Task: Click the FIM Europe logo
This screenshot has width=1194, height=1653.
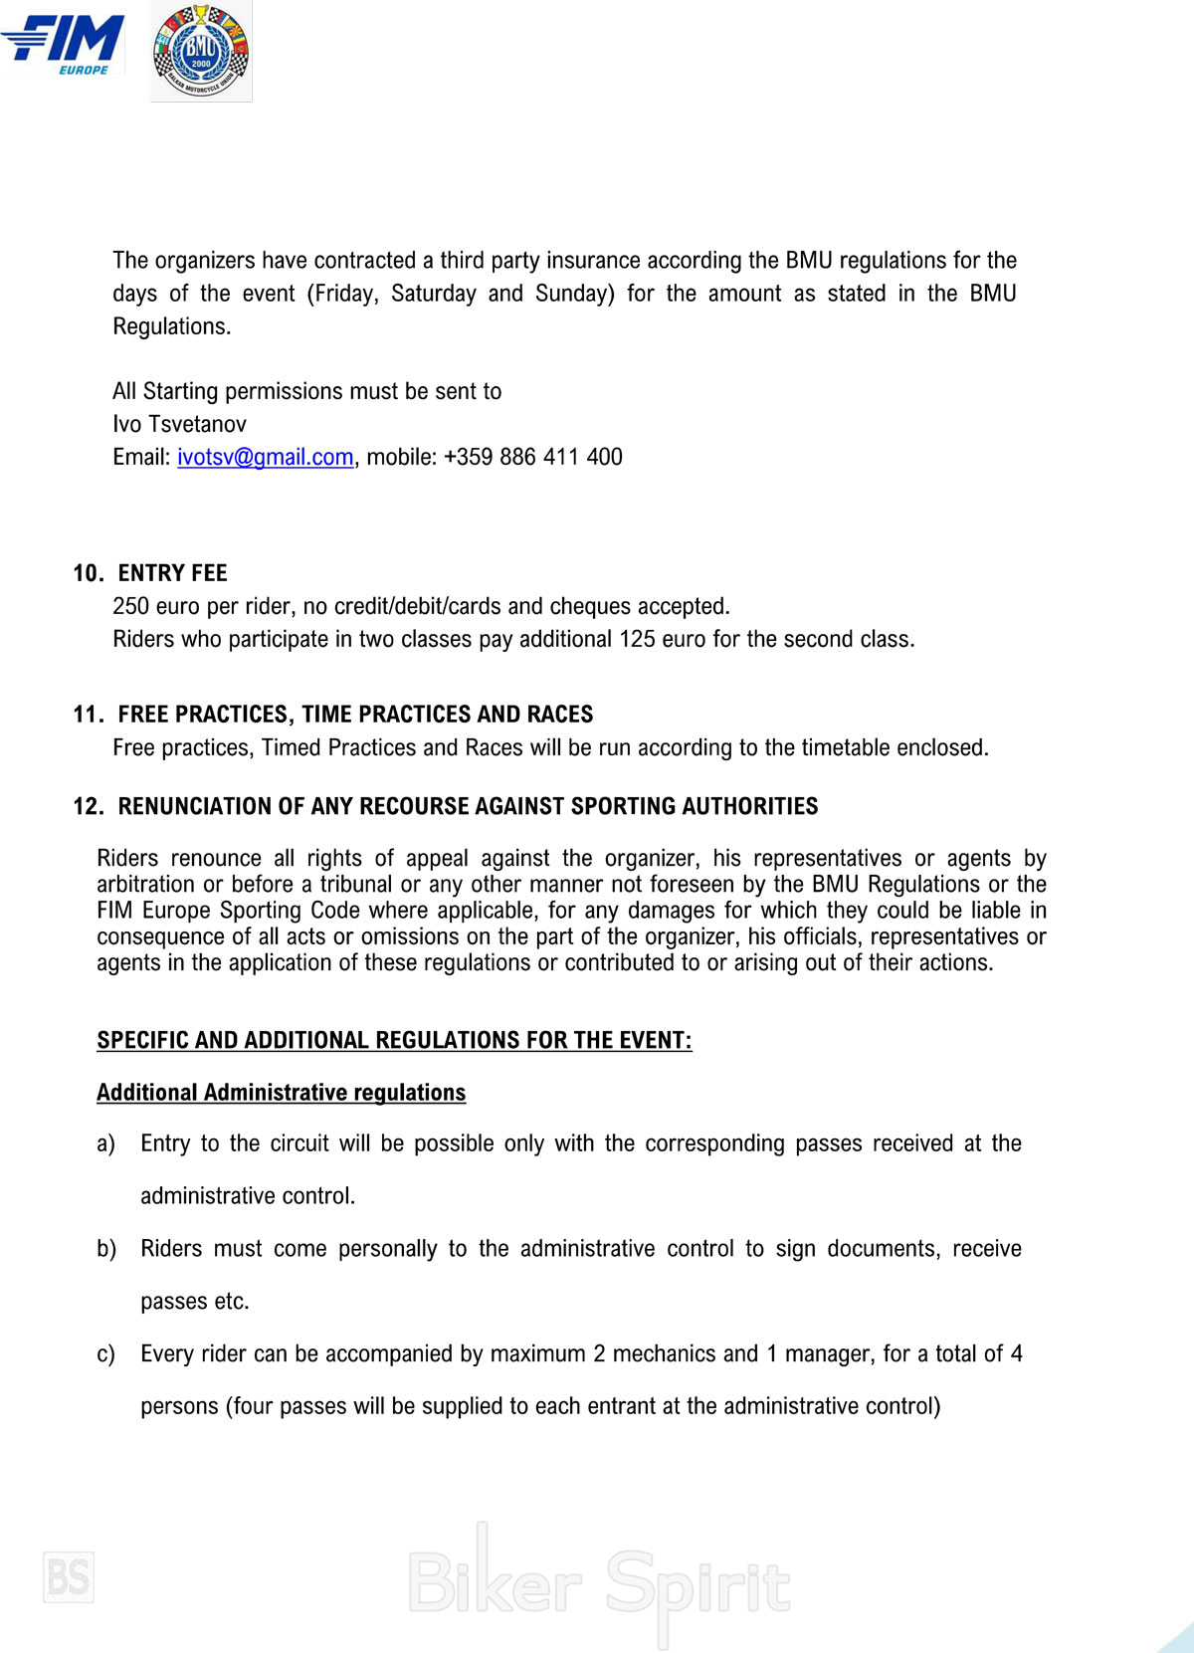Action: click(64, 44)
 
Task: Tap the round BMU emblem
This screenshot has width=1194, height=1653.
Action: click(201, 51)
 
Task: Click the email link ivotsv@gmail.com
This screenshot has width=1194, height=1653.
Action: click(265, 457)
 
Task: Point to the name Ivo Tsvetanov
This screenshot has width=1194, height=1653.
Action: click(179, 424)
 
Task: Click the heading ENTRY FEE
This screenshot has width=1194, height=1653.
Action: click(172, 573)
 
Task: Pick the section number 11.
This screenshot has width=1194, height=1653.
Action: click(88, 715)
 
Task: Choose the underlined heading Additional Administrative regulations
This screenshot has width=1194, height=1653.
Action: click(281, 1093)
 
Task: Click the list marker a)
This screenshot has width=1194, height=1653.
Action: click(105, 1144)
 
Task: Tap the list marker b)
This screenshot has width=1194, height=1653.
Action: click(105, 1249)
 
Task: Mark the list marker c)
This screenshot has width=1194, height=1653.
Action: click(105, 1354)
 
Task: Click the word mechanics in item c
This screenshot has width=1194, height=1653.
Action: click(662, 1353)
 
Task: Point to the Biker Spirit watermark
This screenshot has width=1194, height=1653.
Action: click(599, 1583)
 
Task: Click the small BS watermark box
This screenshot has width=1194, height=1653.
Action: click(69, 1577)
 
